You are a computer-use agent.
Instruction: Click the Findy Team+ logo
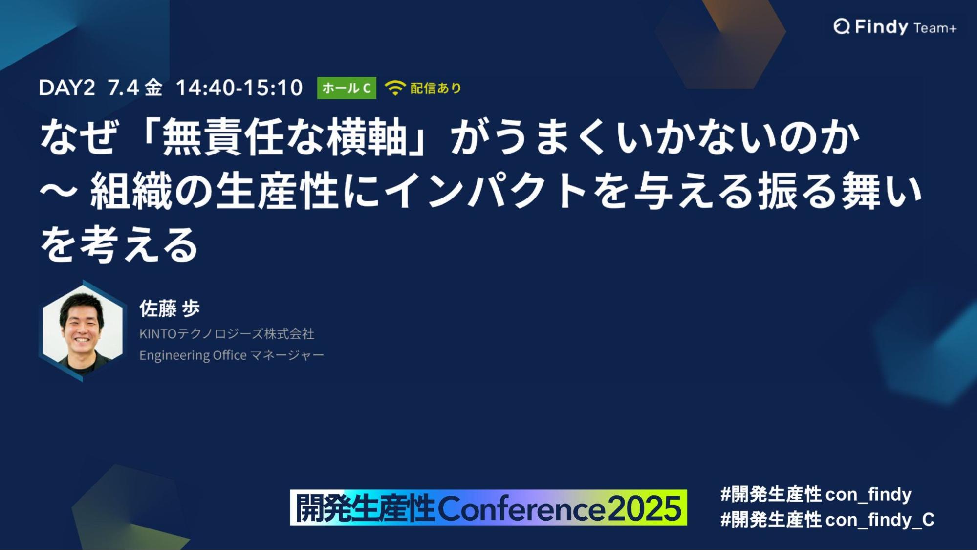[895, 27]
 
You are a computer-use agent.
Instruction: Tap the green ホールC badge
[347, 88]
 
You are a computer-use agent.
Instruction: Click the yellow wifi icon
[395, 88]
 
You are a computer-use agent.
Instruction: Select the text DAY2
[66, 88]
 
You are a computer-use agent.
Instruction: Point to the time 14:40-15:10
[239, 88]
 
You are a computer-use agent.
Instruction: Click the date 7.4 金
[135, 88]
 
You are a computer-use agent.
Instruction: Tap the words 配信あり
[436, 88]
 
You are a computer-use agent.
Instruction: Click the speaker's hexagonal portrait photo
[83, 330]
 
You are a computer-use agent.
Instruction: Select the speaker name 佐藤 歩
[170, 308]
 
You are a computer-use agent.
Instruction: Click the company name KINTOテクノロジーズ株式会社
[227, 334]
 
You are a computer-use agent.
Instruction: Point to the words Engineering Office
[193, 355]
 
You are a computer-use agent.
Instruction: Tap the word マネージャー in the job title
[287, 355]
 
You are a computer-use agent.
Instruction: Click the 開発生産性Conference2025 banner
[488, 507]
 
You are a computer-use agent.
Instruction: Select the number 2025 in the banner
[644, 508]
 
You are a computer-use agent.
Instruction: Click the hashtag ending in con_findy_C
[827, 520]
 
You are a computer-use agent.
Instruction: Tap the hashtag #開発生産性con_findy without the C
[816, 495]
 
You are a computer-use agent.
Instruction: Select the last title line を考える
[119, 244]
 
